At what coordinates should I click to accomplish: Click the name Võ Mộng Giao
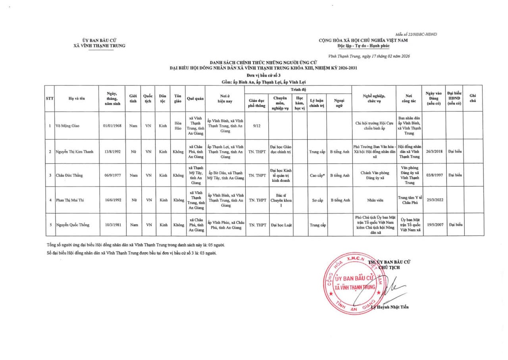pyautogui.click(x=67, y=126)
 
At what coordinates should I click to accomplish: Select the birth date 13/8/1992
pyautogui.click(x=112, y=151)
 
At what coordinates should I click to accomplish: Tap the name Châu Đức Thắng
pyautogui.click(x=69, y=175)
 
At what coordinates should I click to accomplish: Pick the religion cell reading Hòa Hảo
pyautogui.click(x=178, y=126)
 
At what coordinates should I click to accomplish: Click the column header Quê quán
pyautogui.click(x=195, y=98)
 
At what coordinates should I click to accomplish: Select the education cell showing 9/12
pyautogui.click(x=256, y=126)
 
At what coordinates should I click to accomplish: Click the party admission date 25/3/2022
pyautogui.click(x=434, y=200)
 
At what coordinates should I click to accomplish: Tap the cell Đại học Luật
pyautogui.click(x=281, y=225)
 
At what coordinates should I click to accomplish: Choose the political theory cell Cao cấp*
pyautogui.click(x=317, y=175)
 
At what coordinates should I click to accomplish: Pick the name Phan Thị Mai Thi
pyautogui.click(x=70, y=200)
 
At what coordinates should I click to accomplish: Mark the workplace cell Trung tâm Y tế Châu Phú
pyautogui.click(x=409, y=200)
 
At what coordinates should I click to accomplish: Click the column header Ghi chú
pyautogui.click(x=473, y=98)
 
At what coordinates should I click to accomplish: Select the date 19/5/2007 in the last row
pyautogui.click(x=434, y=225)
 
